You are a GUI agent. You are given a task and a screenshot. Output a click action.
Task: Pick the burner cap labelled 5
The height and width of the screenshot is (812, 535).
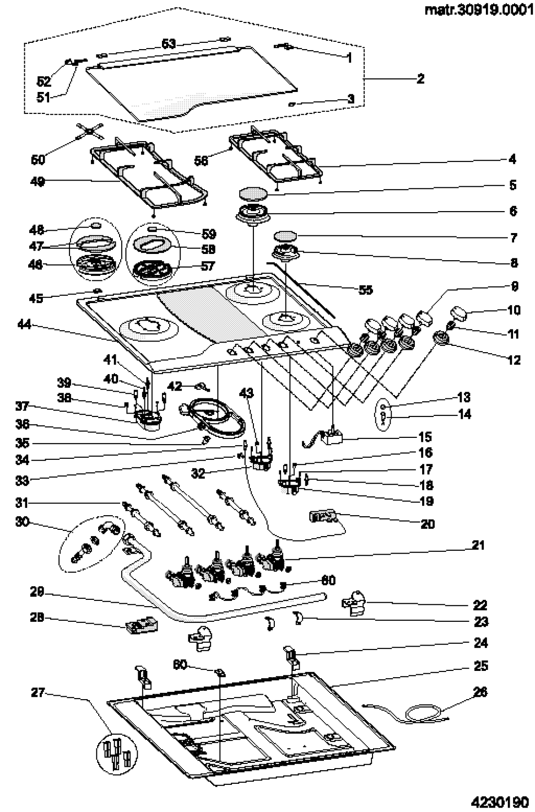click(252, 193)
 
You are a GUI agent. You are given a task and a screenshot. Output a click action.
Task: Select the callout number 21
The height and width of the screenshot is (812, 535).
click(478, 545)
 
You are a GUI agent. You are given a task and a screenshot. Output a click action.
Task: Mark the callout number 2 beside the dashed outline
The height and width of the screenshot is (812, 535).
click(420, 78)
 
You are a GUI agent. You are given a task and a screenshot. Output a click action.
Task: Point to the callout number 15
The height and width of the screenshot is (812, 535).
click(425, 436)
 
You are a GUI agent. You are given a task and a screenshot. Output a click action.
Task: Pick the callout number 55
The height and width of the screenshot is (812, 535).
click(365, 290)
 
